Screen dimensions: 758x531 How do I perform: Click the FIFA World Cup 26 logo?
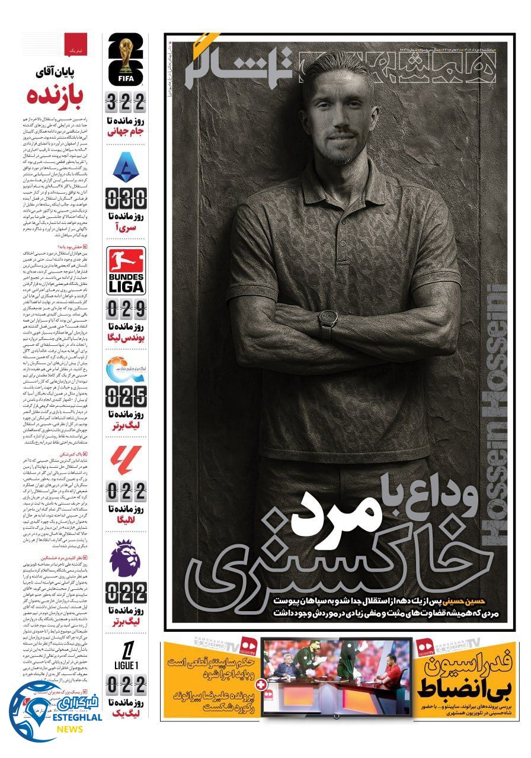(126, 60)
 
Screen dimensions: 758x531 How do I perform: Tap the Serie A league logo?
(126, 167)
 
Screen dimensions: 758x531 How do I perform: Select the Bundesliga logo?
(126, 271)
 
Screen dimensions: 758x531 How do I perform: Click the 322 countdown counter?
(126, 103)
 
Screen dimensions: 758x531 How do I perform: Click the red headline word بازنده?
(57, 95)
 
